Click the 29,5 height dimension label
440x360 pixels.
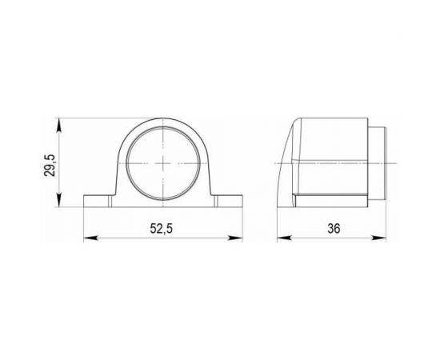(50, 166)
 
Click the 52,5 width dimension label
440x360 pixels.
(162, 229)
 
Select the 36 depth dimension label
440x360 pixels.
(334, 229)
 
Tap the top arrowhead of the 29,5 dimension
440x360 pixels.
(59, 125)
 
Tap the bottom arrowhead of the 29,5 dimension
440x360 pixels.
(59, 200)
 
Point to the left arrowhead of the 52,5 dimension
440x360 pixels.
(90, 238)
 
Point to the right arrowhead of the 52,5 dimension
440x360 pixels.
(235, 238)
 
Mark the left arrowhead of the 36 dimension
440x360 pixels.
(284, 238)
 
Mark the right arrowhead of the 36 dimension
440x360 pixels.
(379, 238)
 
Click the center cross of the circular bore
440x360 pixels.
(163, 163)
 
